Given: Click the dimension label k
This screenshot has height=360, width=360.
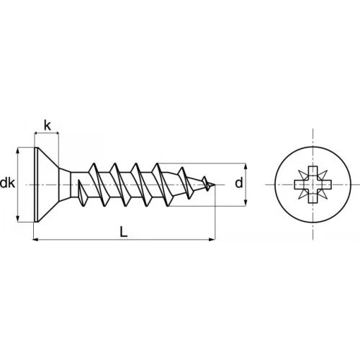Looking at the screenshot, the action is click(x=48, y=126).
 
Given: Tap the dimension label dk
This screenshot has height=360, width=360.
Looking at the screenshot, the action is click(x=7, y=184).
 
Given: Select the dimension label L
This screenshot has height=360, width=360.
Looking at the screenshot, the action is click(x=124, y=232).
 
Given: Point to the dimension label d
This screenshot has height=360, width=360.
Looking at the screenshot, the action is click(x=239, y=184).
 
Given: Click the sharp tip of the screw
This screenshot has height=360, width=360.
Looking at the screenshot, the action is click(x=215, y=184).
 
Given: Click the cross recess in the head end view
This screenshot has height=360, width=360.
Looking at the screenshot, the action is click(x=313, y=184).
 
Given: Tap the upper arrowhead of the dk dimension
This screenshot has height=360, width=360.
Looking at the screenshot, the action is click(x=18, y=150).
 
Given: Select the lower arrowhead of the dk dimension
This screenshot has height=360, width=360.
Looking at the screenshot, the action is click(x=18, y=218).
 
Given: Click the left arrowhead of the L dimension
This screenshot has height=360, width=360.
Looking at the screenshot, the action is click(x=35, y=239).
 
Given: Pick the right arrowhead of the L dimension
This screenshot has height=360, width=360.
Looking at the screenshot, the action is click(x=212, y=239).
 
